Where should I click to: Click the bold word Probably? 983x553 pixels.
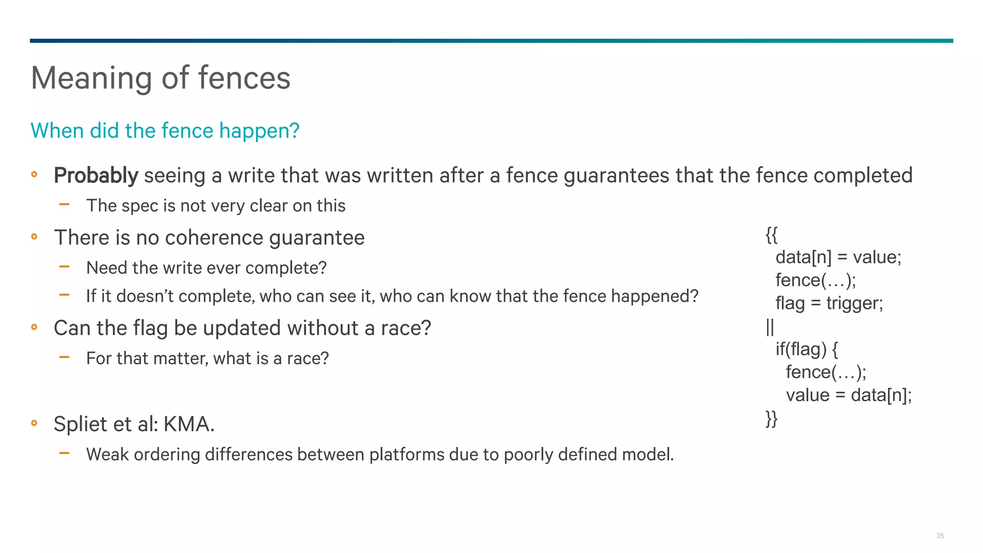point(96,176)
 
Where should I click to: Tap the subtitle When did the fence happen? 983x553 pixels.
point(165,131)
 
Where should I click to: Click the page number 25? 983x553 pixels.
point(940,536)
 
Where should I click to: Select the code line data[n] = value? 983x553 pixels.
point(838,257)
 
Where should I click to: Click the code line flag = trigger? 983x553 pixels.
point(829,303)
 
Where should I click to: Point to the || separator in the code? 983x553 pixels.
point(770,327)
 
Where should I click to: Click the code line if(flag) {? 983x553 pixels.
point(806,349)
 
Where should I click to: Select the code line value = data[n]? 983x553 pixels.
point(848,395)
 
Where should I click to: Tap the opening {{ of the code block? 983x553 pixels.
point(771,235)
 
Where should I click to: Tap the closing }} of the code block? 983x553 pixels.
point(771,419)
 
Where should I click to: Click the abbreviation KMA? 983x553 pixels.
point(189,424)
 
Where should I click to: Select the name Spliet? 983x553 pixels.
point(80,424)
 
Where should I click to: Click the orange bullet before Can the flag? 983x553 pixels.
point(34,327)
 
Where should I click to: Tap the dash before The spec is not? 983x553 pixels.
point(64,204)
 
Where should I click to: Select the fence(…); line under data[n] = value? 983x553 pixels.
point(815,280)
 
